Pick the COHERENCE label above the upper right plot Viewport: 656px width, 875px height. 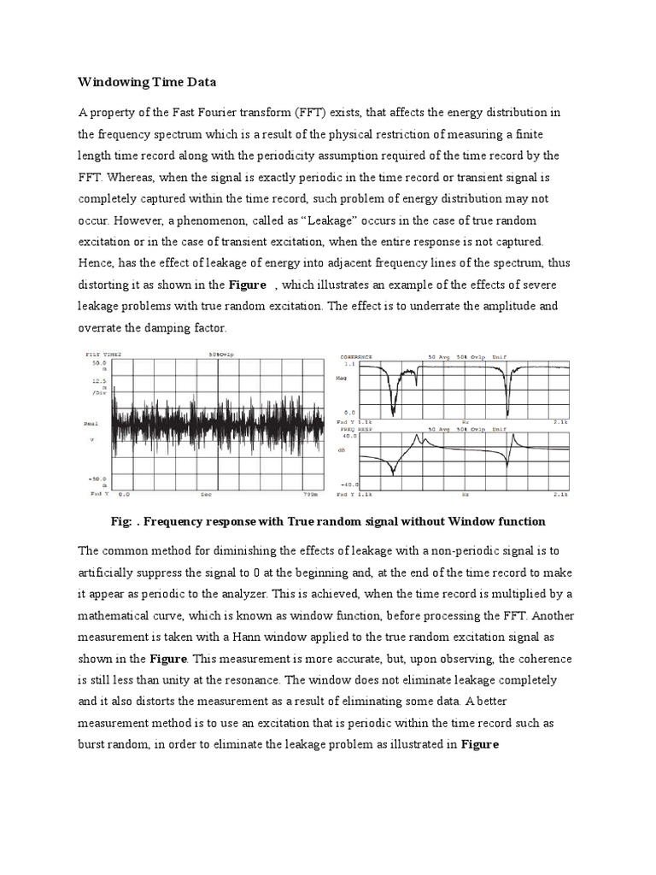point(355,355)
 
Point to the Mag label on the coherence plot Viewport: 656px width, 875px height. point(344,373)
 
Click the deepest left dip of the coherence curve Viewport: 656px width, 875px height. point(393,414)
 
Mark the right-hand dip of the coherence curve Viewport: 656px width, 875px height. point(507,412)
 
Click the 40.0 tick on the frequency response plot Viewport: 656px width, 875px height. point(350,436)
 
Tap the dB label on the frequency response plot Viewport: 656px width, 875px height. point(343,450)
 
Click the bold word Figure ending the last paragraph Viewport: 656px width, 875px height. point(480,743)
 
